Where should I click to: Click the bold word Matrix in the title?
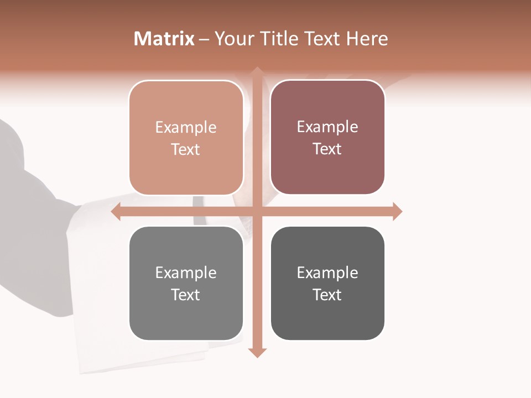click(x=164, y=39)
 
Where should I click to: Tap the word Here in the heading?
click(x=367, y=39)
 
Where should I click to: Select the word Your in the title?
click(x=233, y=39)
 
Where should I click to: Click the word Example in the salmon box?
click(x=186, y=127)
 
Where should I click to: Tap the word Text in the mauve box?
click(x=327, y=149)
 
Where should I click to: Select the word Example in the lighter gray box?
click(x=186, y=273)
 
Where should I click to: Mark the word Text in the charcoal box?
click(x=327, y=295)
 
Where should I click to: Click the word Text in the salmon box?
click(x=186, y=149)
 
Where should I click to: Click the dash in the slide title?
click(x=204, y=39)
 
